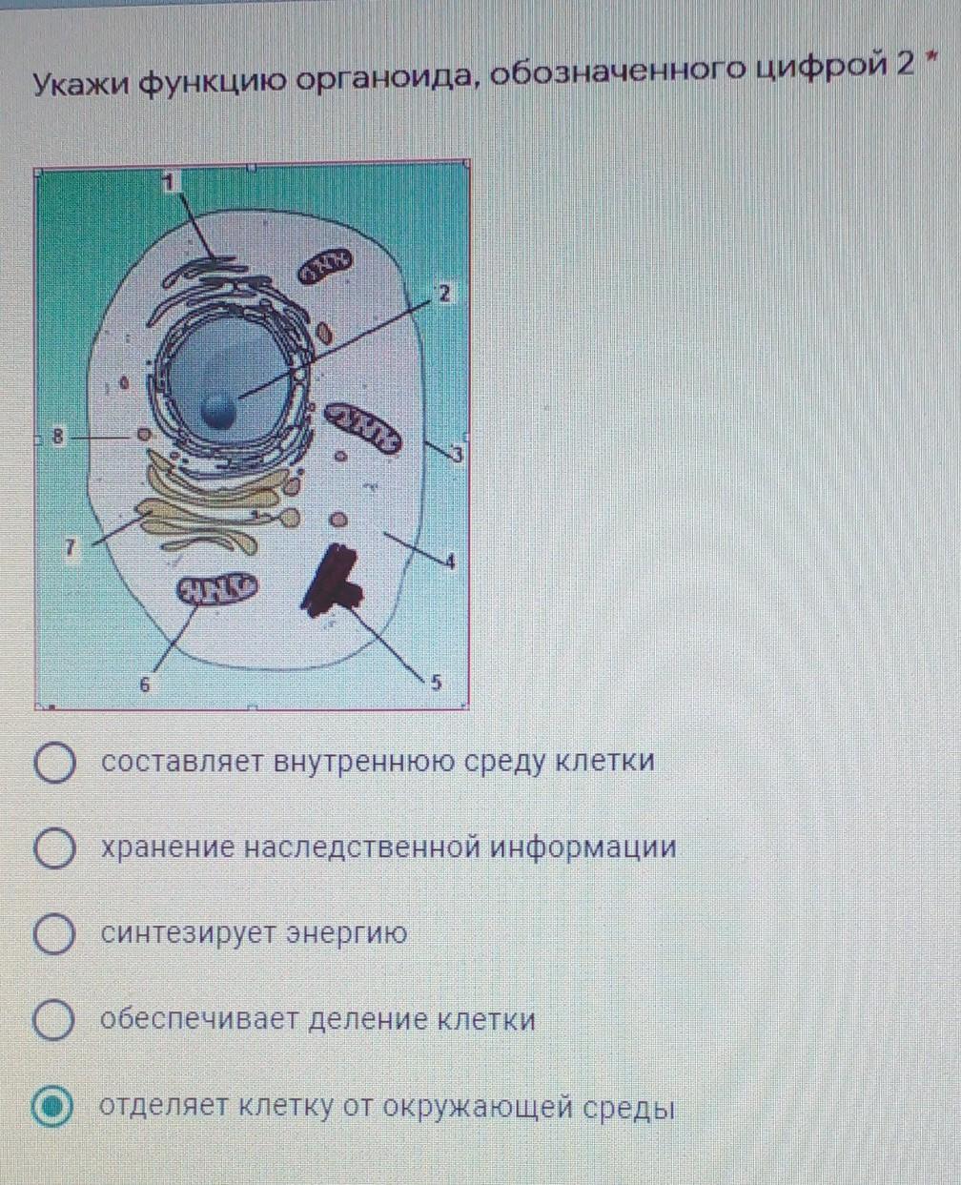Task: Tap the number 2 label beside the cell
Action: point(442,294)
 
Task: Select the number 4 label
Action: point(450,562)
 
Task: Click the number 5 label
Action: point(436,683)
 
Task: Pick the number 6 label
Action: point(145,684)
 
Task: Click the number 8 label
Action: point(57,438)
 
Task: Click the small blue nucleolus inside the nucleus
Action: point(218,411)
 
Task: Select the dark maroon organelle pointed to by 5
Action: point(333,579)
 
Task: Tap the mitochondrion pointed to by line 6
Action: point(215,589)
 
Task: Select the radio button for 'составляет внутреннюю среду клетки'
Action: point(54,764)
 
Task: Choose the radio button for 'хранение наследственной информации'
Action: point(54,849)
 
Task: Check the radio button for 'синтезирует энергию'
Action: point(54,934)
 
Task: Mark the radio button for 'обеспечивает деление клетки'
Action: point(54,1021)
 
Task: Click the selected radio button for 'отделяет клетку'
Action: point(52,1108)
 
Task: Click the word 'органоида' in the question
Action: point(385,83)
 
